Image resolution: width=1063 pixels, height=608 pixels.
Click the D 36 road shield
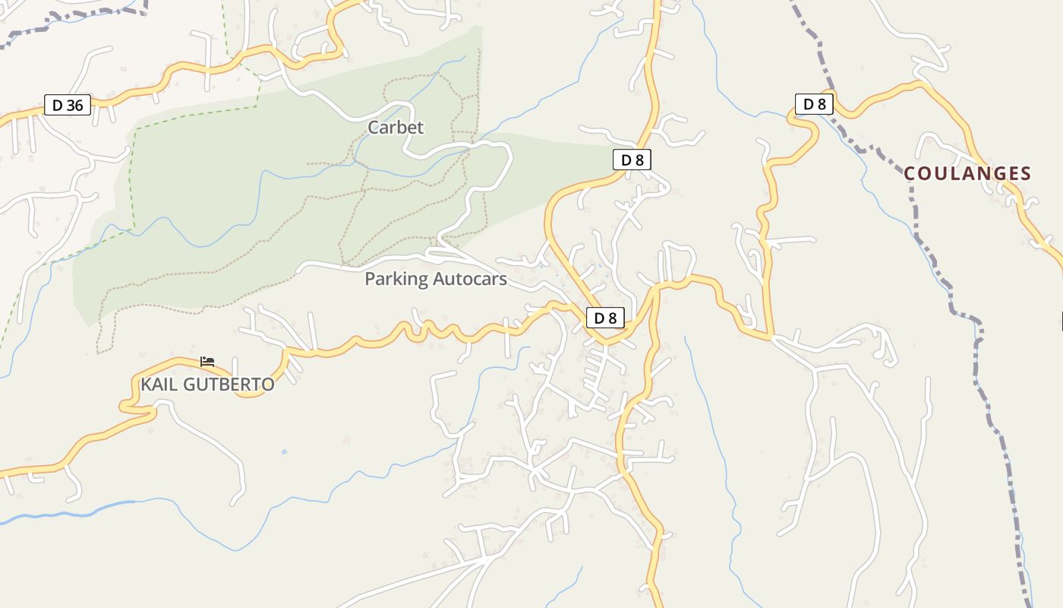coord(68,105)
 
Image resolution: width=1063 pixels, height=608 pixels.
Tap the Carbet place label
coord(396,128)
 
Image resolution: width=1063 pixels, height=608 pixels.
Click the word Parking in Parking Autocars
coord(396,279)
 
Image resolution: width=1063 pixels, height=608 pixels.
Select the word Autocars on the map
coord(470,279)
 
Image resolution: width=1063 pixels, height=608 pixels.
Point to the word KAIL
coord(159,385)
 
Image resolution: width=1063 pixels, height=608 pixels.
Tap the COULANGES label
coord(967,174)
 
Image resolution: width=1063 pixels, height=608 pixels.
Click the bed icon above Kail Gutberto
coord(207,361)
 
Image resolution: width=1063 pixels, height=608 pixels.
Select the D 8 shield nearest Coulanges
coord(815,104)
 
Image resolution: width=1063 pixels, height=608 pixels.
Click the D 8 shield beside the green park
coord(632,160)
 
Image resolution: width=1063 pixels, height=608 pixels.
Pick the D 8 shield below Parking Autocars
coord(605,318)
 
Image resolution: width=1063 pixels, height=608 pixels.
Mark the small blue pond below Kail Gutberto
coord(284,451)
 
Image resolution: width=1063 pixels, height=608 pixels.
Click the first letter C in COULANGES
coord(910,174)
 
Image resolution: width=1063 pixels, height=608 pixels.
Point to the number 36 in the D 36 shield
coord(74,105)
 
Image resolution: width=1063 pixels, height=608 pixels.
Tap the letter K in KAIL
coord(146,385)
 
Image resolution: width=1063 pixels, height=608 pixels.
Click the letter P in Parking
coord(370,279)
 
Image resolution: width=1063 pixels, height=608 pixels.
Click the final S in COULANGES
coord(1026,174)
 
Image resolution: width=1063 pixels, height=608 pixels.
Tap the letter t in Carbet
coord(420,128)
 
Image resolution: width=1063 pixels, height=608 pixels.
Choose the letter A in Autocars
coord(439,279)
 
